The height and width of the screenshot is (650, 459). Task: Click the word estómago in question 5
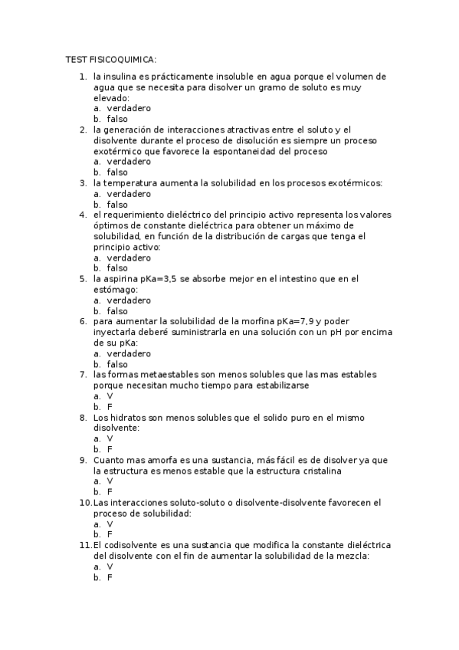point(115,290)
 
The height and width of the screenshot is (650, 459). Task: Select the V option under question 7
point(110,396)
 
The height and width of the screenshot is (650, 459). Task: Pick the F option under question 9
point(110,491)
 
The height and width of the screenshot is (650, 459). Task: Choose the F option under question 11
point(110,577)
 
